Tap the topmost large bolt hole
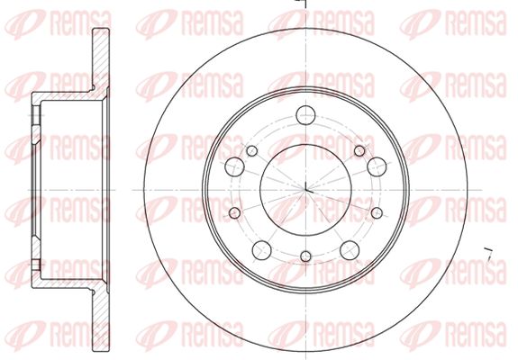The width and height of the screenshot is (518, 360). coord(305,115)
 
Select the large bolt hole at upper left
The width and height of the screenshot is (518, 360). coord(234,166)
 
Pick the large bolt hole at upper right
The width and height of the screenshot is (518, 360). coord(377,166)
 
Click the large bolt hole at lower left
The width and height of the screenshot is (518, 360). coord(261,250)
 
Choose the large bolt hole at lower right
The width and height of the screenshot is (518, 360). coord(350,250)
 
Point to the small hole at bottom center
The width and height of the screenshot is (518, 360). coord(306,256)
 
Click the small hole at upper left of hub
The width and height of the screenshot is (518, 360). coord(251,151)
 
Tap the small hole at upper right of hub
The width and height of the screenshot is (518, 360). coord(359,151)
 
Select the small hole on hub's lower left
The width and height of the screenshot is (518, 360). coord(234,213)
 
